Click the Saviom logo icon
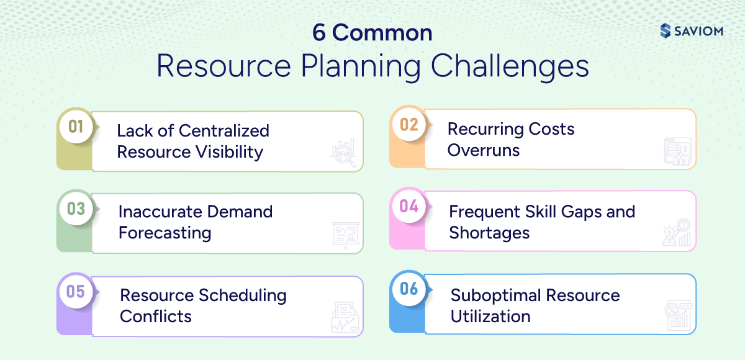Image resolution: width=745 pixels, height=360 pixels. (x=665, y=30)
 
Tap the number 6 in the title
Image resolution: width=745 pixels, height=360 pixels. (x=319, y=33)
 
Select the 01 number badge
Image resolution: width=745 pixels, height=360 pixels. (x=76, y=127)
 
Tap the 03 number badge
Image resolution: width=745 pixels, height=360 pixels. (x=76, y=209)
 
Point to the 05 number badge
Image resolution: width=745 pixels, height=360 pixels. (x=76, y=291)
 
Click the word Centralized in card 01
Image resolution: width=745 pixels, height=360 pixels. (x=223, y=131)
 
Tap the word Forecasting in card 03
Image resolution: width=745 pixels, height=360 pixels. (x=165, y=233)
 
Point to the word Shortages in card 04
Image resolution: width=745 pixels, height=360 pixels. (x=489, y=233)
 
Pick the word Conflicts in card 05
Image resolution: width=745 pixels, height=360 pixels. (x=156, y=316)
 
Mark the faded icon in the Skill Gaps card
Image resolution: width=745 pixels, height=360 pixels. (x=676, y=233)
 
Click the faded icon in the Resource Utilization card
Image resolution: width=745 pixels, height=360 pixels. (x=677, y=316)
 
